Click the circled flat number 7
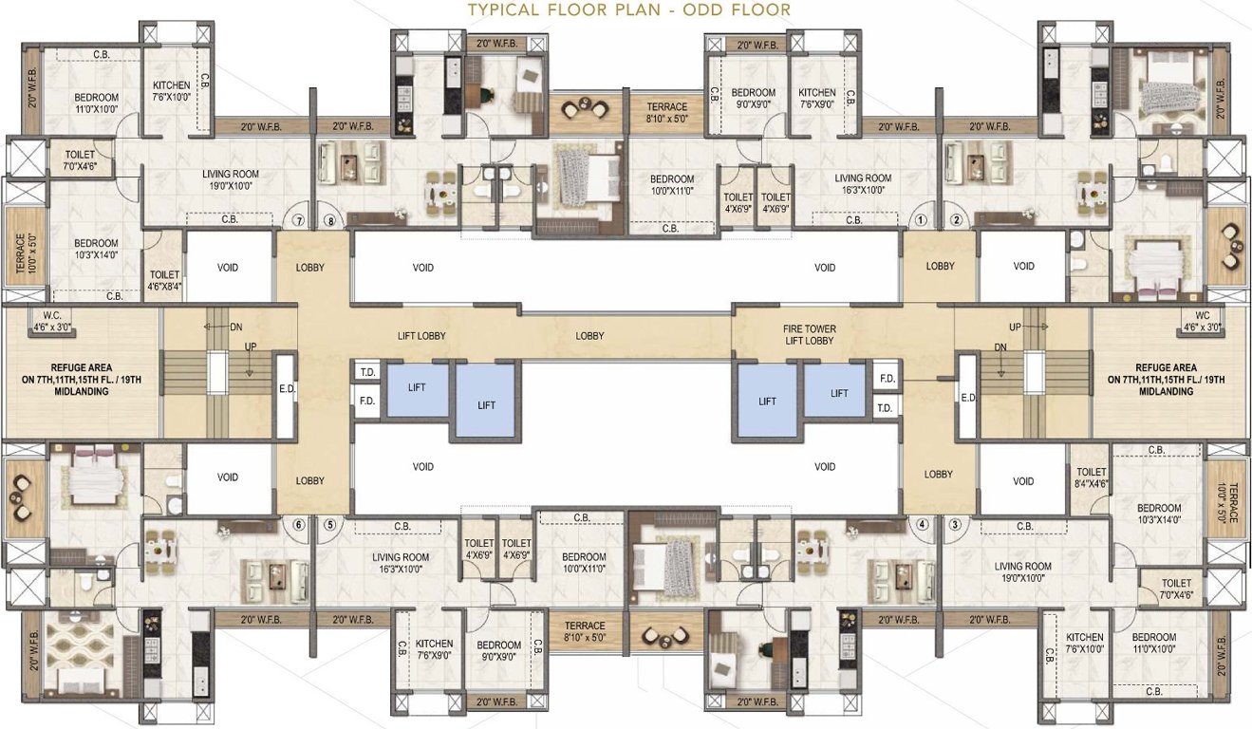(x=298, y=221)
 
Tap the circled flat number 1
(x=920, y=221)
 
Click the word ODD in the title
(x=698, y=10)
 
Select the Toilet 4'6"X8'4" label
(x=163, y=279)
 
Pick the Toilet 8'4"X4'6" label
(x=1090, y=477)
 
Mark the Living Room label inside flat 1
(x=862, y=183)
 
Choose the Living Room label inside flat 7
(x=231, y=179)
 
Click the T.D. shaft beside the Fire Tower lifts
(x=885, y=408)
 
